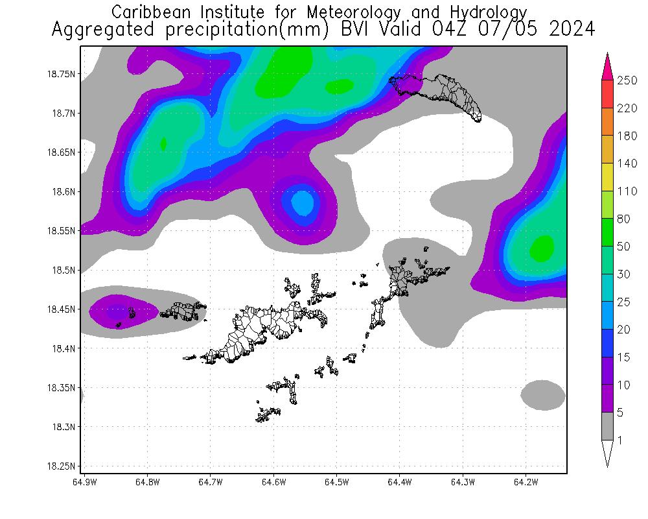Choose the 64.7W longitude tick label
210,482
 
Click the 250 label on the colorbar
627,80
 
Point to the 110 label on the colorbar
627,191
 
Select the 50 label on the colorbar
623,247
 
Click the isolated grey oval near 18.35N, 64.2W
543,395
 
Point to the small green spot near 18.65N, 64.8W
163,143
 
